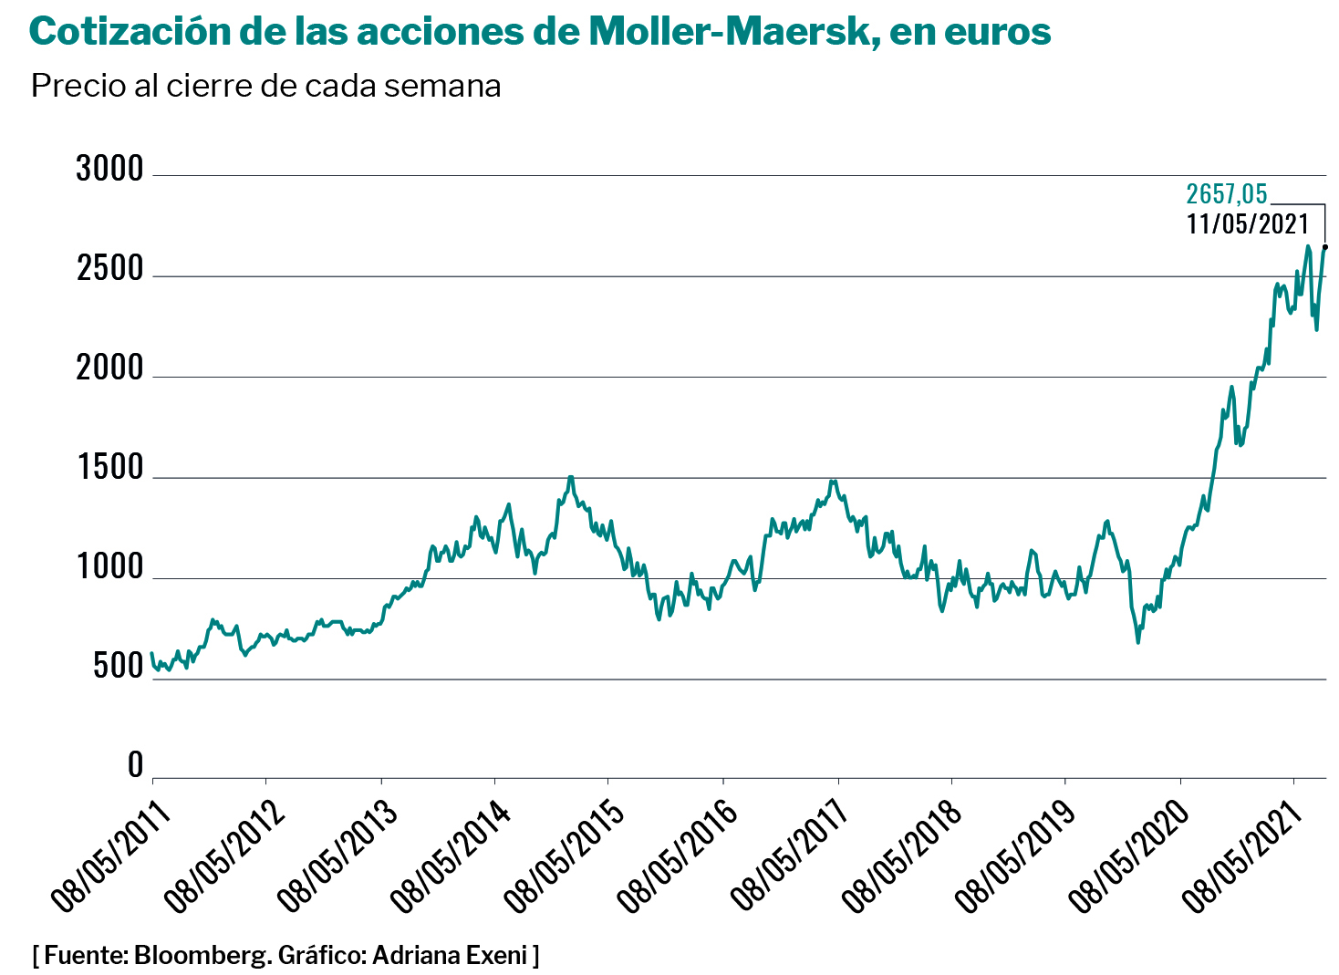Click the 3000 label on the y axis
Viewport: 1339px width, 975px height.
point(109,170)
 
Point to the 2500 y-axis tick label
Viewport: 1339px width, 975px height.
point(109,269)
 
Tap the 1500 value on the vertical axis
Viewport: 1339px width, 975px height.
point(109,469)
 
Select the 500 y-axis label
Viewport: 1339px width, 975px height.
point(118,668)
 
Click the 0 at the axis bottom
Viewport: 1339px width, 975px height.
point(135,765)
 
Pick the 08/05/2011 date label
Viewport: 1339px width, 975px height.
point(110,857)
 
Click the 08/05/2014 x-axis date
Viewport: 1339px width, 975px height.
point(451,857)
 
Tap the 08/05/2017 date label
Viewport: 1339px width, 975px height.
point(791,857)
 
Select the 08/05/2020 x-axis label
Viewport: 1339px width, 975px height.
point(1131,857)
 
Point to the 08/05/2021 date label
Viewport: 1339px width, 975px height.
point(1244,857)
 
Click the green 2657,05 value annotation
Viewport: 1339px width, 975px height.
point(1226,194)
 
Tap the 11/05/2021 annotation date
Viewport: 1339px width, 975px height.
point(1247,224)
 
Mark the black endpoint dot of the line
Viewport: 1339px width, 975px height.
point(1324,246)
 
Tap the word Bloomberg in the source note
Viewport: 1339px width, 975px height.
point(202,956)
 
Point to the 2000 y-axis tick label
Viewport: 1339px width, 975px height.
point(109,368)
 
